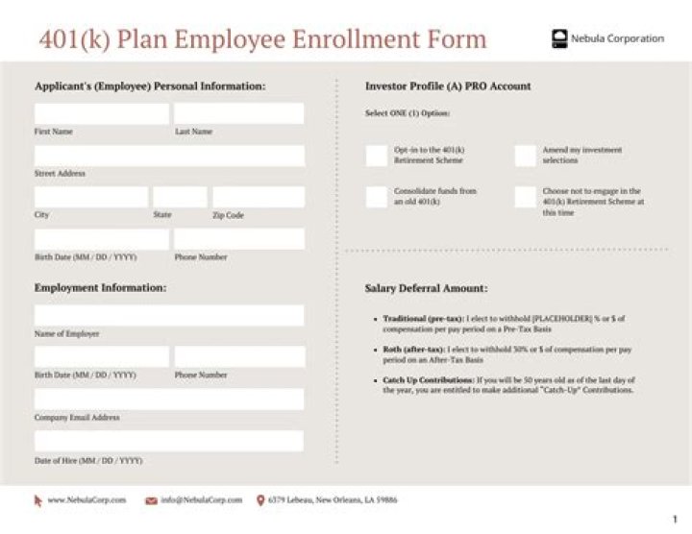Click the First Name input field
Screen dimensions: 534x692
pyautogui.click(x=101, y=113)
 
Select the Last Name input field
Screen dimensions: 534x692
pyautogui.click(x=238, y=113)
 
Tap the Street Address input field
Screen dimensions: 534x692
pyautogui.click(x=169, y=156)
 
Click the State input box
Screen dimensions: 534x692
pyautogui.click(x=180, y=197)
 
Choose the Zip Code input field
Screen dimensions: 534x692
pyautogui.click(x=258, y=197)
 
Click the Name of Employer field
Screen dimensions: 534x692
pyautogui.click(x=169, y=316)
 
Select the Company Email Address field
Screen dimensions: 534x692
pyautogui.click(x=169, y=400)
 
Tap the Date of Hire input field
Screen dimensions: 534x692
pyautogui.click(x=169, y=441)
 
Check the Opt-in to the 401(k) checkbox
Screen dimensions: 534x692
pyautogui.click(x=377, y=156)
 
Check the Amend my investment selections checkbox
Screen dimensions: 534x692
pyautogui.click(x=525, y=156)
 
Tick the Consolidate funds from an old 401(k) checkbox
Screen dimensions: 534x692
pyautogui.click(x=377, y=197)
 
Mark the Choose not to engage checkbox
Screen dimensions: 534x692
pyautogui.click(x=525, y=197)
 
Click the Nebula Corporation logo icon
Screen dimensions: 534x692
pyautogui.click(x=559, y=38)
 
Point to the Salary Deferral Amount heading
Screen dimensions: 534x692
pyautogui.click(x=426, y=288)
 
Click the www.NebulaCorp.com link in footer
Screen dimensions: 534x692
pyautogui.click(x=86, y=499)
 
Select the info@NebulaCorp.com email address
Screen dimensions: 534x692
pyautogui.click(x=201, y=499)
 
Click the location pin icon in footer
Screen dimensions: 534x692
pyautogui.click(x=260, y=499)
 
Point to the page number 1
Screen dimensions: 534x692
pyautogui.click(x=675, y=520)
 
